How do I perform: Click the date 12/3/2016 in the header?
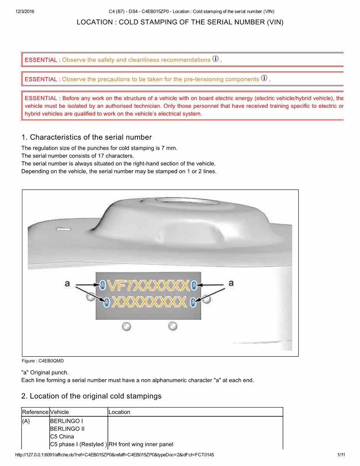pyautogui.click(x=25, y=12)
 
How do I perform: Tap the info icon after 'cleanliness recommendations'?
pyautogui.click(x=216, y=59)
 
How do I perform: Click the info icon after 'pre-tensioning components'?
pyautogui.click(x=264, y=78)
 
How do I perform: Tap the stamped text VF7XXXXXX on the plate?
pyautogui.click(x=148, y=285)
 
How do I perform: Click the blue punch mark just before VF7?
pyautogui.click(x=103, y=285)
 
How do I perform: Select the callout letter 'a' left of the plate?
pyautogui.click(x=67, y=283)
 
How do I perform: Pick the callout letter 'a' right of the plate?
pyautogui.click(x=231, y=283)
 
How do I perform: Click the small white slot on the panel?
pyautogui.click(x=64, y=229)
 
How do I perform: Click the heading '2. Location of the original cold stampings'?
pyautogui.click(x=92, y=396)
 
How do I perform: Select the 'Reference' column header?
pyautogui.click(x=35, y=412)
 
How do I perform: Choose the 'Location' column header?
pyautogui.click(x=119, y=412)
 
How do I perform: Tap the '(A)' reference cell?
pyautogui.click(x=26, y=421)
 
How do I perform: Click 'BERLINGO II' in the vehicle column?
pyautogui.click(x=67, y=429)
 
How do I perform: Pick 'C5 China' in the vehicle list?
pyautogui.click(x=62, y=437)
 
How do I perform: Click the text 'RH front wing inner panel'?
pyautogui.click(x=141, y=444)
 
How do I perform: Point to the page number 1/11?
pyautogui.click(x=341, y=455)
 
